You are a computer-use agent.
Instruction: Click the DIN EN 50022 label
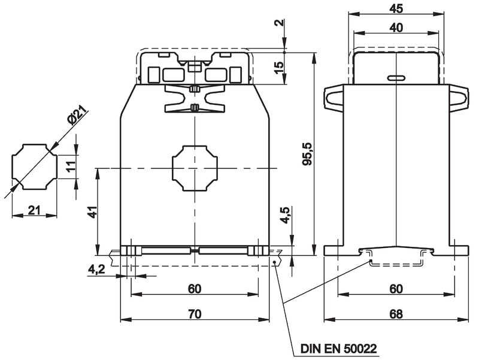click(338, 348)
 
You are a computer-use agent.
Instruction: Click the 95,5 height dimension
click(307, 154)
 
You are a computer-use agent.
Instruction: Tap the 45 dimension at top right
click(396, 8)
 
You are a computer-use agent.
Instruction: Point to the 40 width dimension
click(396, 28)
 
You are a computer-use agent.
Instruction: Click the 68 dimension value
click(396, 314)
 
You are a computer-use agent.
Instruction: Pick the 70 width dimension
click(195, 314)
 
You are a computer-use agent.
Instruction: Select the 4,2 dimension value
click(96, 269)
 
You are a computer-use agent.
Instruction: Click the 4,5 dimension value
click(285, 215)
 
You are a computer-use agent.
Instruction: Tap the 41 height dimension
click(92, 212)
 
